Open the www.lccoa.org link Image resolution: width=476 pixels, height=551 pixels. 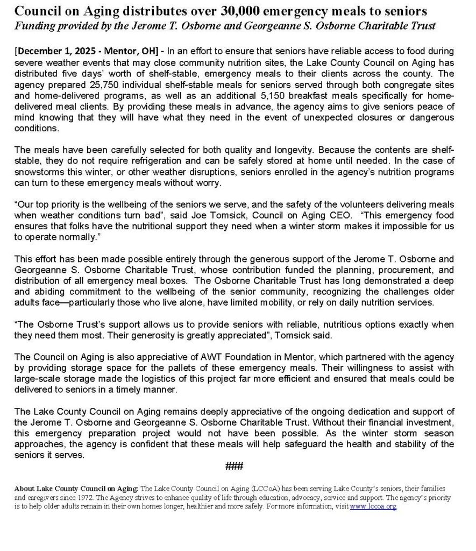(373, 507)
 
